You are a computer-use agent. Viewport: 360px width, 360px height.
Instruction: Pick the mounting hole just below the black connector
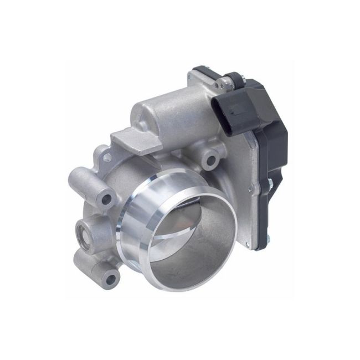(x=210, y=161)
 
